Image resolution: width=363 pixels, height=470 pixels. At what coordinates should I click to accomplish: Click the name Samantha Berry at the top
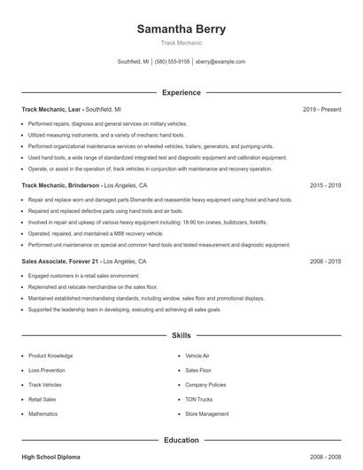pos(181,28)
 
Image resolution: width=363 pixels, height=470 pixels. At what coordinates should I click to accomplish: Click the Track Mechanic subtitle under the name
pos(181,43)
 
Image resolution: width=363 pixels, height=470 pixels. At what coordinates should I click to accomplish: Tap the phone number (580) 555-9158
pos(173,62)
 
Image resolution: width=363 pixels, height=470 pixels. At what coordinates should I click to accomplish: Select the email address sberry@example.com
pos(220,62)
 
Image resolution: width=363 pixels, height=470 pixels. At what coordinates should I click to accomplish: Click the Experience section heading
pos(181,92)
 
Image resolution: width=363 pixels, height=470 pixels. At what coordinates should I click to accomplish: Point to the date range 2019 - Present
pos(321,109)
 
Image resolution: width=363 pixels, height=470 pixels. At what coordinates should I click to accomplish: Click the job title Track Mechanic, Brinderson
pos(61,186)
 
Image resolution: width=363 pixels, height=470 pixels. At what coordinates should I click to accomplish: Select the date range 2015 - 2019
pos(325,186)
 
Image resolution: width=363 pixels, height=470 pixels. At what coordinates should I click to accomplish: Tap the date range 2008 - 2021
pos(325,262)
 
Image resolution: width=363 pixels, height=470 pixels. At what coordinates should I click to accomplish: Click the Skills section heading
pos(181,336)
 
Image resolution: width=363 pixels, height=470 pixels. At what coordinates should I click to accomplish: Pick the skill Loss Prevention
pos(47,370)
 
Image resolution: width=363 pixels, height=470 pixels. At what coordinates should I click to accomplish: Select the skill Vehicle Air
pos(197,355)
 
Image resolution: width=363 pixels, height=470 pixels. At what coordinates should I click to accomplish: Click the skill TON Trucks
pos(198,399)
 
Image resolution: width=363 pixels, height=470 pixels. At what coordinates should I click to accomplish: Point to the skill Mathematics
pos(42,414)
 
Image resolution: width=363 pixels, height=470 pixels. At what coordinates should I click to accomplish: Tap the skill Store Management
pos(206,414)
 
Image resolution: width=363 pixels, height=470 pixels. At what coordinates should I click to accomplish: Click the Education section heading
pos(181,440)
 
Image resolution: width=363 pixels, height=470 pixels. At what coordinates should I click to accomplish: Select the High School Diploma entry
pos(50,457)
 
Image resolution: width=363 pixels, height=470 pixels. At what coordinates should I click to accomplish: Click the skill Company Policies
pos(205,385)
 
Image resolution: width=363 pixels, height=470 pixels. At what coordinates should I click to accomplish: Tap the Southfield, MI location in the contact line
pos(134,62)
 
